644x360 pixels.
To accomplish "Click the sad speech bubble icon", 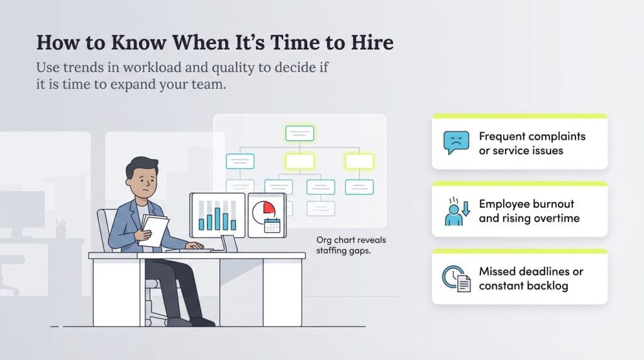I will click(x=456, y=143).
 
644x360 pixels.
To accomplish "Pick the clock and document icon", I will click(x=457, y=278).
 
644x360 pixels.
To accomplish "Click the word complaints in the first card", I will click(x=559, y=136).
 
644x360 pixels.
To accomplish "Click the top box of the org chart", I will click(x=299, y=133).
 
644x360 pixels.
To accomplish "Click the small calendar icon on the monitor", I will click(x=272, y=224).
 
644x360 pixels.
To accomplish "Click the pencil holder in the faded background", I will click(x=60, y=227).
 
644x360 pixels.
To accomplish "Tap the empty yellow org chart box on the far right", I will click(x=359, y=161).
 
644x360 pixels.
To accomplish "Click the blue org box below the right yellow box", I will click(x=359, y=186).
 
